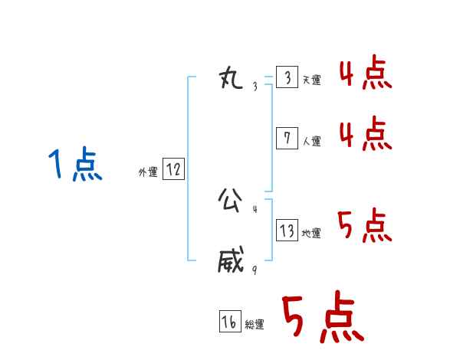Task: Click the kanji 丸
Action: (x=231, y=79)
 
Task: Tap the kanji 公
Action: (x=231, y=201)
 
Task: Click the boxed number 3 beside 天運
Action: (x=287, y=78)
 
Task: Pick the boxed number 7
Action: (x=287, y=138)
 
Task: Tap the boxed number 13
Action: (x=287, y=230)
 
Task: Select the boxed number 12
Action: (x=173, y=169)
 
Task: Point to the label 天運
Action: (x=311, y=80)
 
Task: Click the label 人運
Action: (x=311, y=141)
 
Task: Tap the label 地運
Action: (x=311, y=233)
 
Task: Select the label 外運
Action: (x=148, y=172)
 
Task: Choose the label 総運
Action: (x=255, y=325)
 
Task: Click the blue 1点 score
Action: (x=75, y=165)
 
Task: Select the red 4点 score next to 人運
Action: (x=366, y=135)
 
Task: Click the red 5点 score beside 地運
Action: (x=366, y=225)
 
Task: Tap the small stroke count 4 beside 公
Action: (x=255, y=209)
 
